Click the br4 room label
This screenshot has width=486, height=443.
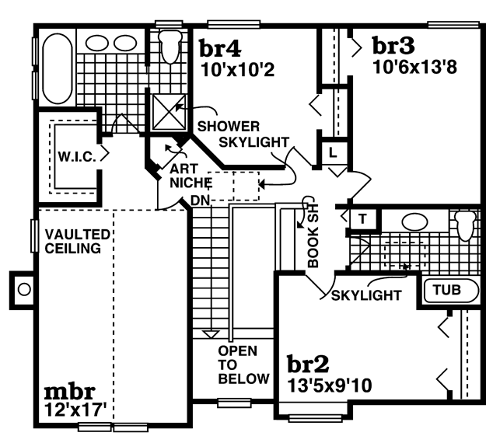pyautogui.click(x=220, y=48)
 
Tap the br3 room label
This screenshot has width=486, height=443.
pyautogui.click(x=393, y=45)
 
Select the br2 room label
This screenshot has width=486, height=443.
pyautogui.click(x=308, y=364)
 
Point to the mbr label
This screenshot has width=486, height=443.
pyautogui.click(x=69, y=392)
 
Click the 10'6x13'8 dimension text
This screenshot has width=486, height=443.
pyautogui.click(x=414, y=67)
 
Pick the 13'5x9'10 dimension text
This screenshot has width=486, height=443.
pyautogui.click(x=330, y=385)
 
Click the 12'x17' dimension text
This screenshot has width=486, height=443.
pyautogui.click(x=75, y=410)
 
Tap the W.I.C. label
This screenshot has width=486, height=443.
pyautogui.click(x=77, y=157)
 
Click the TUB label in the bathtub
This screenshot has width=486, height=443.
pyautogui.click(x=447, y=290)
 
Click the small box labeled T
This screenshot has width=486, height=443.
pyautogui.click(x=363, y=219)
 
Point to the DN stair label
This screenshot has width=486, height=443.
pyautogui.click(x=200, y=201)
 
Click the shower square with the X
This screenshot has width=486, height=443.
pyautogui.click(x=170, y=112)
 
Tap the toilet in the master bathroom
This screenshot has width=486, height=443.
pyautogui.click(x=170, y=46)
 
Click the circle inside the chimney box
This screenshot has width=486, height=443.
pyautogui.click(x=24, y=290)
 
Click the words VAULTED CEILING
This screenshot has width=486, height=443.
pyautogui.click(x=77, y=242)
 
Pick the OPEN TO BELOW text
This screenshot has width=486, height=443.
pyautogui.click(x=243, y=365)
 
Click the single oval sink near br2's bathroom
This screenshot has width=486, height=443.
pyautogui.click(x=414, y=221)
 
